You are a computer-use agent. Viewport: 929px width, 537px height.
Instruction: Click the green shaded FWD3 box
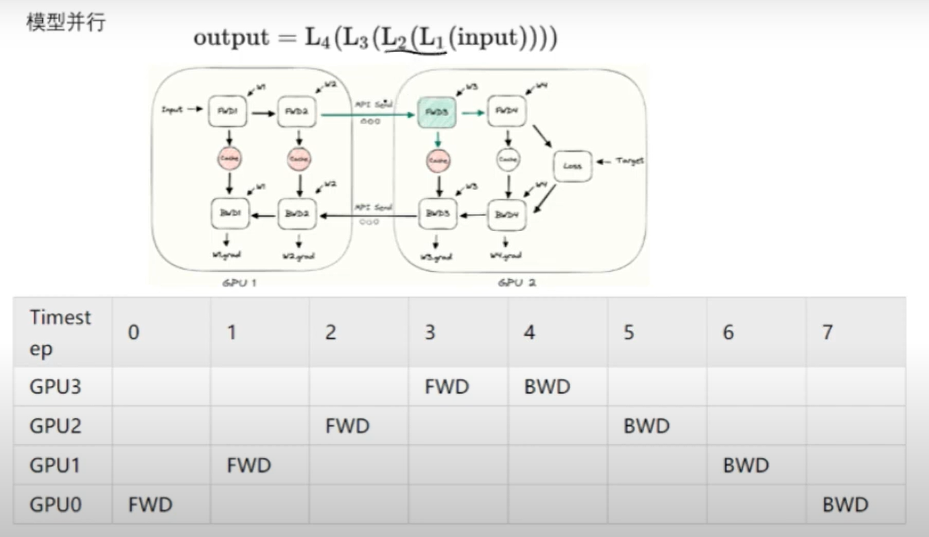coord(437,110)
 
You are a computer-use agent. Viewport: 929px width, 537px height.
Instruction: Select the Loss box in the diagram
coord(572,165)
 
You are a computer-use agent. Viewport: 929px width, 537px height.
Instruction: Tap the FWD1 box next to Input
coord(228,110)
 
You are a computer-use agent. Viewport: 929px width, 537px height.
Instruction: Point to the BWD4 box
coord(506,215)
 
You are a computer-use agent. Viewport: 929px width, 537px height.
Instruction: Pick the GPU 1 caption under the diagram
coord(239,281)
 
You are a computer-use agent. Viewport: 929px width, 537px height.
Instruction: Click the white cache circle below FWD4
coord(506,160)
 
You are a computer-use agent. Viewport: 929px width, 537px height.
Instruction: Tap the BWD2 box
coord(297,215)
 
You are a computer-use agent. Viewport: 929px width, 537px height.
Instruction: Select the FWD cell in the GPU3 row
coord(447,387)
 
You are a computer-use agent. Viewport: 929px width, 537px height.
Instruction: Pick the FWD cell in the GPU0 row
coord(150,505)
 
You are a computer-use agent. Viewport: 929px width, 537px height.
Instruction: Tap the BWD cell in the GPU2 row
coord(646,426)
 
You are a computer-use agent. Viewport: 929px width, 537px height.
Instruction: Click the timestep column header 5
coord(628,333)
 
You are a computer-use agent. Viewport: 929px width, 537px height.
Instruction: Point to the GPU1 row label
coord(55,466)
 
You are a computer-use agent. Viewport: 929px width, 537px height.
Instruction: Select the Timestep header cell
coord(60,333)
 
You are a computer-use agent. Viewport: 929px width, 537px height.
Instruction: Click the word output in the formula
coord(231,38)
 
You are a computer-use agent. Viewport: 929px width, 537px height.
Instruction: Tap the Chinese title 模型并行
coord(66,21)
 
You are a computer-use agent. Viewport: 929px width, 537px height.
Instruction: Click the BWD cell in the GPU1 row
coord(746,466)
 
